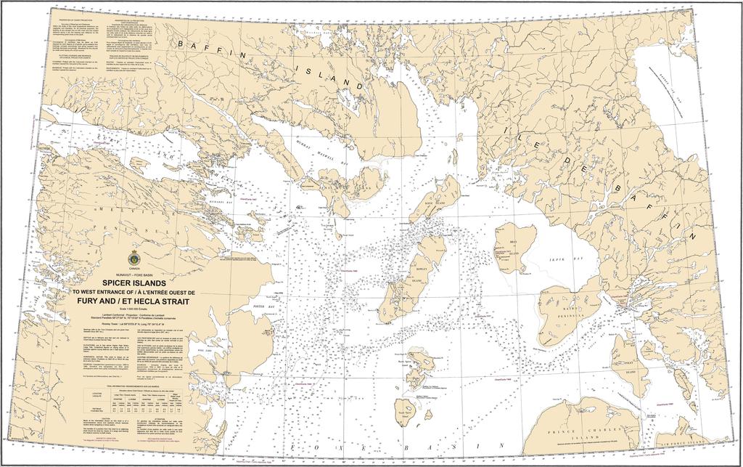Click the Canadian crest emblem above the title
[x=134, y=258]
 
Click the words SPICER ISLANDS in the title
[x=134, y=283]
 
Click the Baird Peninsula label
[x=561, y=314]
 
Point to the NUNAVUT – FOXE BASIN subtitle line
[x=134, y=274]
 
